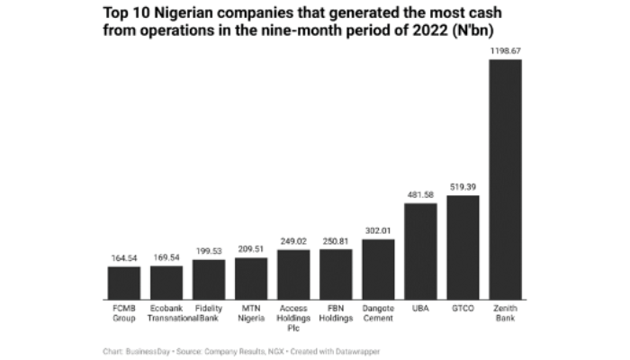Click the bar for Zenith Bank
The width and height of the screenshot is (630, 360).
point(505,179)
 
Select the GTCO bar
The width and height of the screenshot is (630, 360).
point(463,247)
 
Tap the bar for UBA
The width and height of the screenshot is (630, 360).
point(420,251)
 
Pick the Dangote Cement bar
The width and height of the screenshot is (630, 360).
point(378,269)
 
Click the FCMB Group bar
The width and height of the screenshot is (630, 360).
point(124,283)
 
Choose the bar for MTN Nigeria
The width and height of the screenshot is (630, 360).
point(251,278)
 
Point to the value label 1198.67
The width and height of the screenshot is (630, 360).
point(505,51)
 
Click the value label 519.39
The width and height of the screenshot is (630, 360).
point(463,187)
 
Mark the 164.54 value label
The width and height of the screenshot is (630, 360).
point(124,258)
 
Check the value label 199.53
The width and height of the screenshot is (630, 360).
point(209,251)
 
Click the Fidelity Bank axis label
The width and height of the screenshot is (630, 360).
point(209,313)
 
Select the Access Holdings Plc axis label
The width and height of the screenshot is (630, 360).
point(293,318)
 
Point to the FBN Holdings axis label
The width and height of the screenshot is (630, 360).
point(336,313)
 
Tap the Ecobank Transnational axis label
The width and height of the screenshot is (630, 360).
point(166,313)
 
